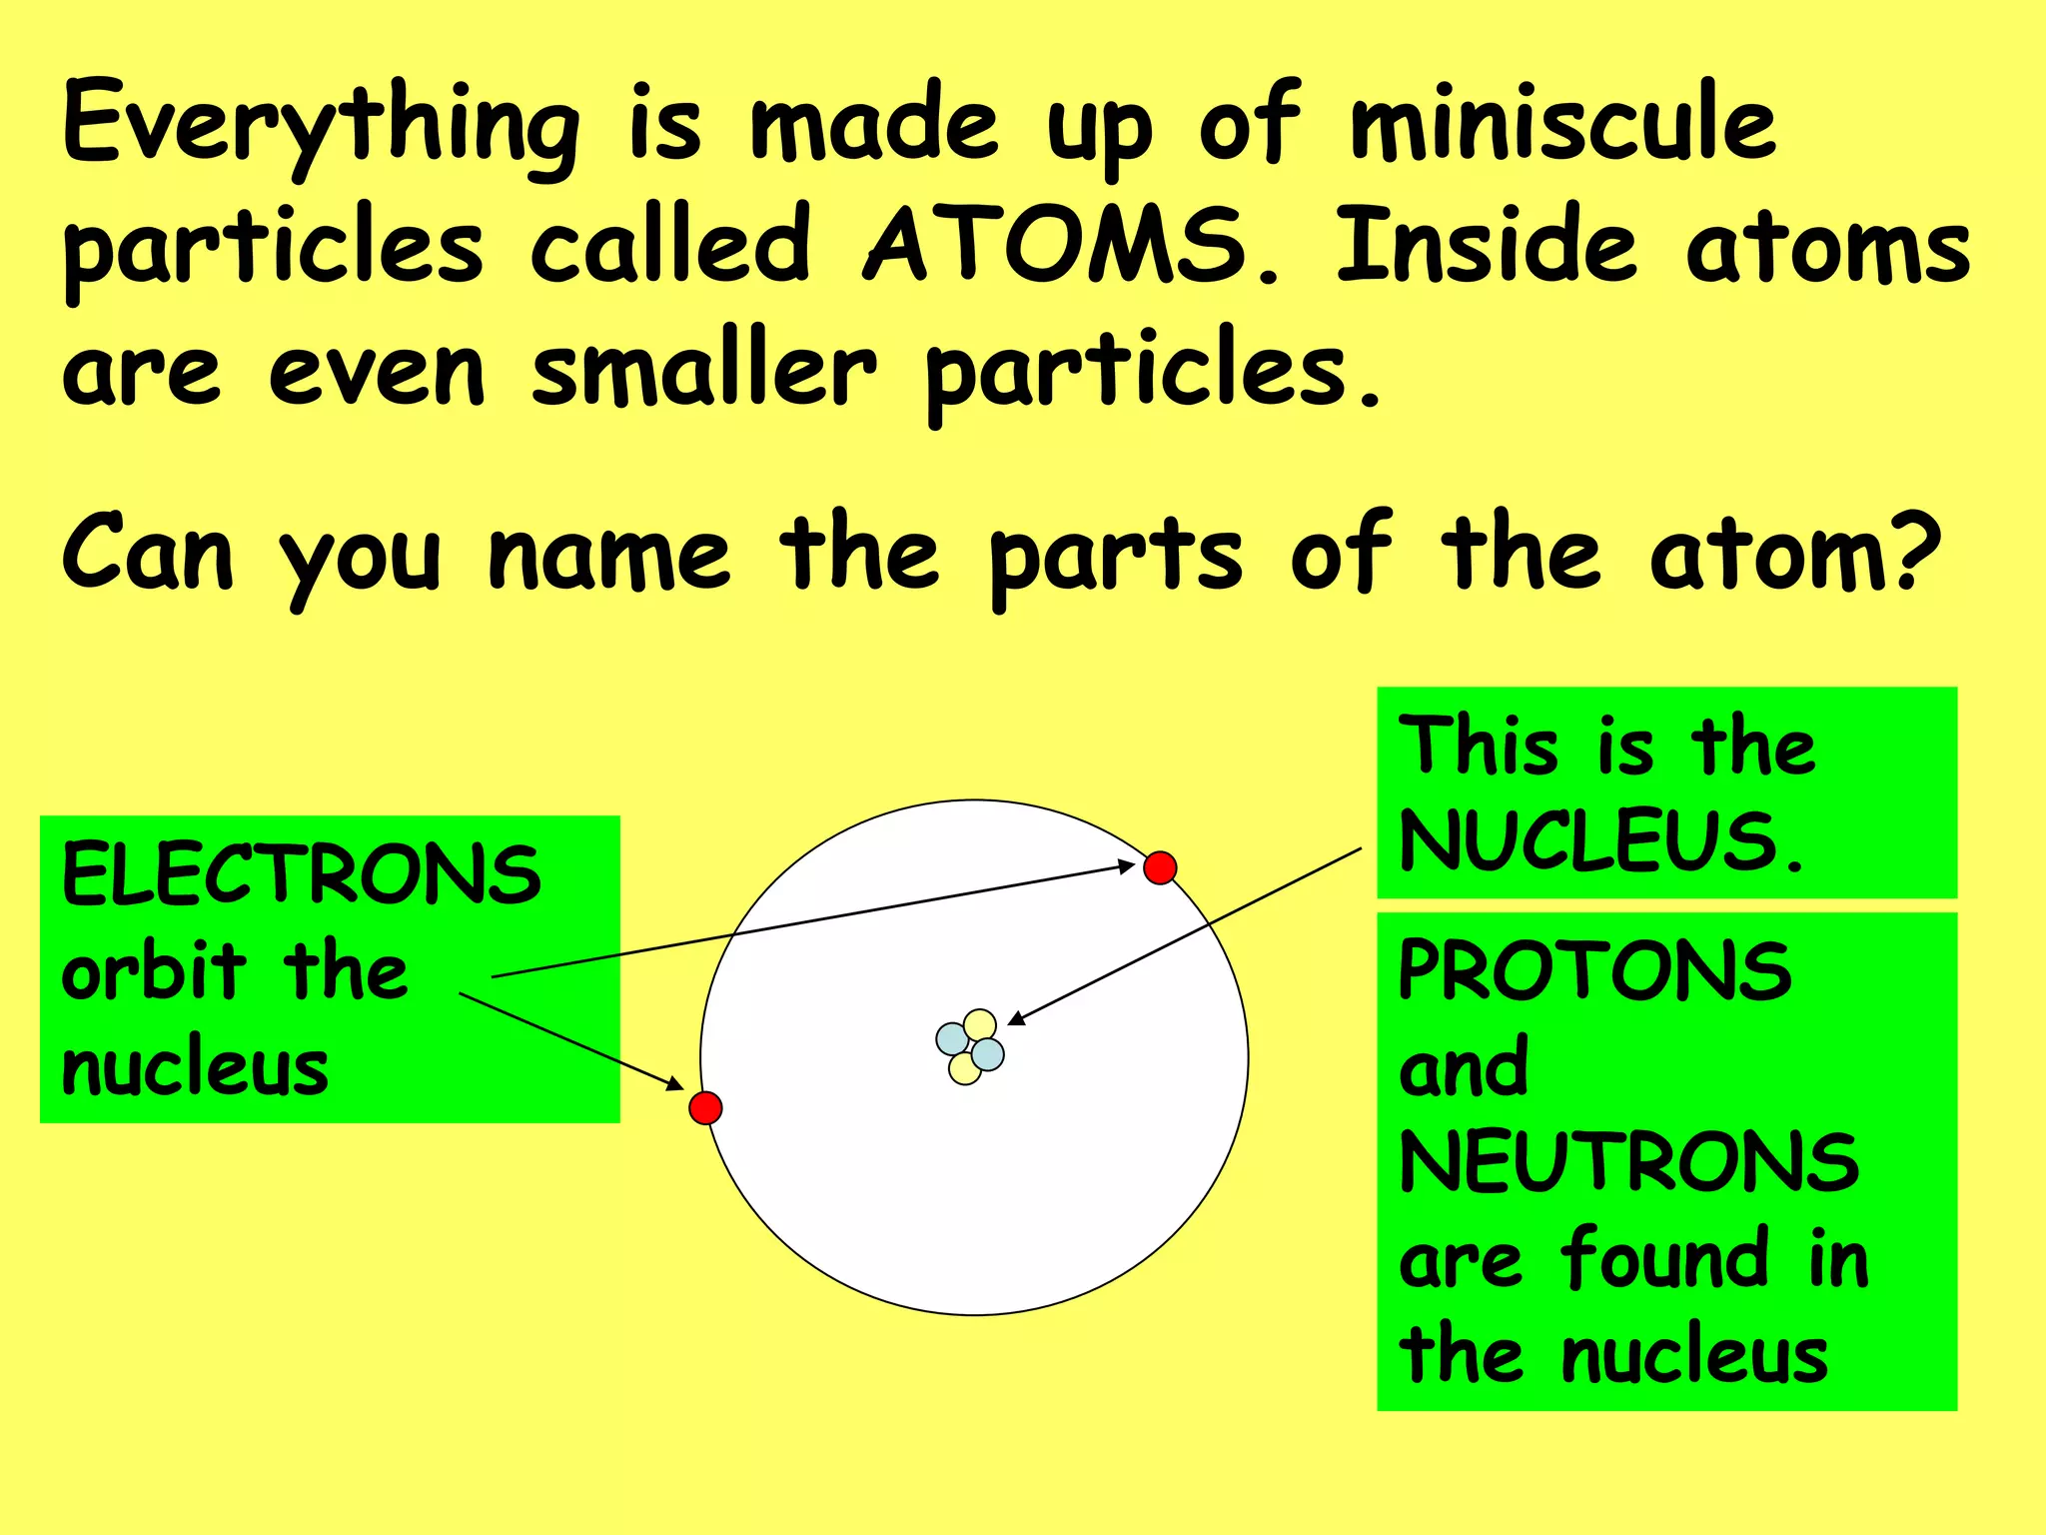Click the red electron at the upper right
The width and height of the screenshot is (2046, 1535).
click(x=1160, y=867)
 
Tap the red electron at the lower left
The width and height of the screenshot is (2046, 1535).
click(x=705, y=1108)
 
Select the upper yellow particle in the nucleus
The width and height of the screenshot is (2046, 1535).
click(x=981, y=1025)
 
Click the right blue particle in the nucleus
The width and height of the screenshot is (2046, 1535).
click(x=988, y=1053)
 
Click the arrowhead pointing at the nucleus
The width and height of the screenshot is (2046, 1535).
click(x=1015, y=1018)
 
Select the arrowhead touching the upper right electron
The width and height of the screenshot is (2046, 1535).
click(x=1126, y=865)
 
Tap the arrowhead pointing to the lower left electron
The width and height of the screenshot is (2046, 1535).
click(x=674, y=1084)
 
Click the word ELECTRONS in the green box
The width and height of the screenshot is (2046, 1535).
click(x=301, y=875)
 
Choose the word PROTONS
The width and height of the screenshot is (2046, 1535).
click(x=1594, y=971)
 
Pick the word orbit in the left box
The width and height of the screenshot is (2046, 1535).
click(x=154, y=971)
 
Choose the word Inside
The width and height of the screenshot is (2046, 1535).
click(x=1488, y=247)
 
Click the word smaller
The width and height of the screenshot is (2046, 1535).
click(x=703, y=372)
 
